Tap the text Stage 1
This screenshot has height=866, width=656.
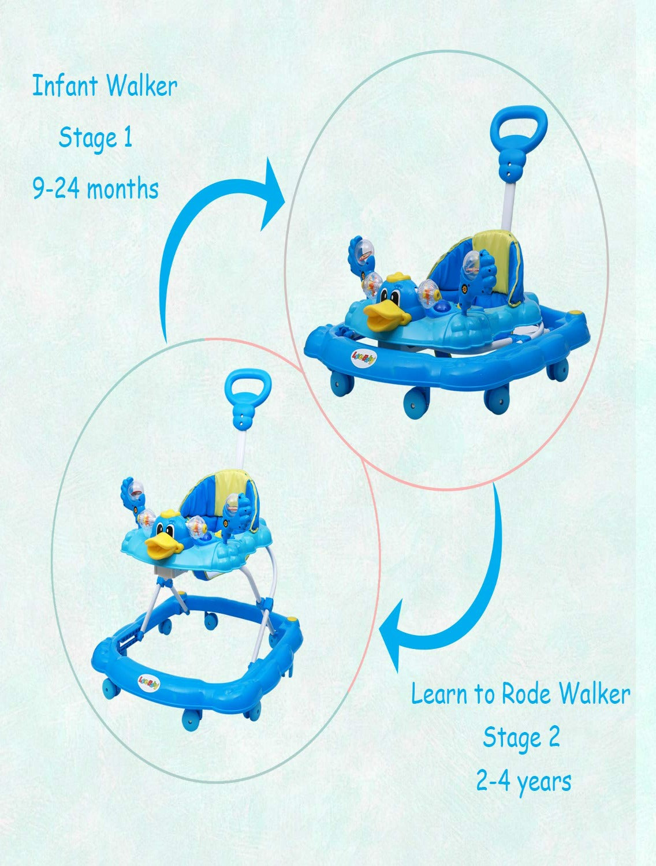(95, 139)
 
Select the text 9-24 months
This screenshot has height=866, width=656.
(95, 189)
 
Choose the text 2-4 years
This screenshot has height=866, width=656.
(523, 781)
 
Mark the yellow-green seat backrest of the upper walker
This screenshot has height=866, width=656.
(493, 260)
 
